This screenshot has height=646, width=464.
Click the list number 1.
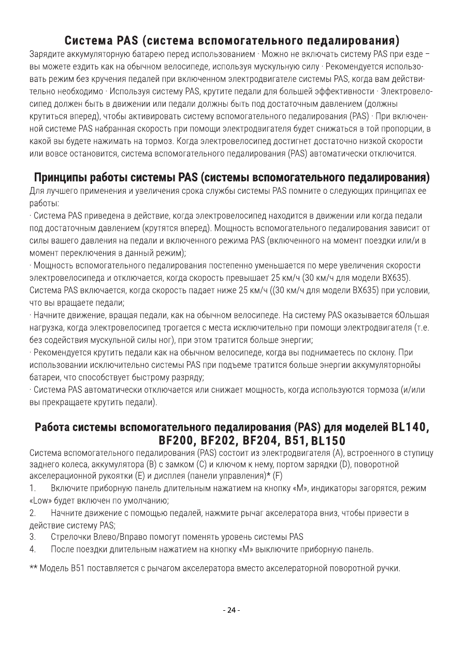point(32,489)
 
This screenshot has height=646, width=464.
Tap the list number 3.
point(32,536)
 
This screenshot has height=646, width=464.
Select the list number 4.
point(32,548)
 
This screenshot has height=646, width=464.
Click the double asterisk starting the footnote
point(33,568)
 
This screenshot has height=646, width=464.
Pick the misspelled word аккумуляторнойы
point(388,365)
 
